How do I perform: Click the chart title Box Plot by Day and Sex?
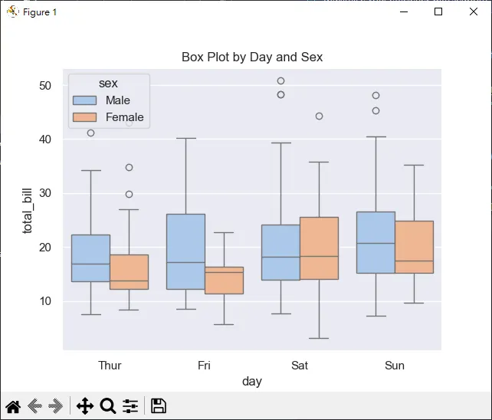pos(252,57)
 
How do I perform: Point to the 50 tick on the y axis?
pos(45,86)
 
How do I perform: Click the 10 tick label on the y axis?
pos(45,301)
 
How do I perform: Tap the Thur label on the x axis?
pos(110,366)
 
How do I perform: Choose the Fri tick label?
pos(204,366)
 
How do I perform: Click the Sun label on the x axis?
pos(395,366)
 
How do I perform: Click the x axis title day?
pos(252,381)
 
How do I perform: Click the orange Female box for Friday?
pos(224,281)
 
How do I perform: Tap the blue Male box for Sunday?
pos(376,242)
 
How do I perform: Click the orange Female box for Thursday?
pos(129,272)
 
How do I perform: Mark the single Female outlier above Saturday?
pos(319,116)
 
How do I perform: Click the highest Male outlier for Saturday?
pos(280,81)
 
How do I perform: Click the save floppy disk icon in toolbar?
pos(159,406)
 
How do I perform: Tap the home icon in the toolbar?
pos(13,406)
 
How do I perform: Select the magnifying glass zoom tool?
pos(108,406)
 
